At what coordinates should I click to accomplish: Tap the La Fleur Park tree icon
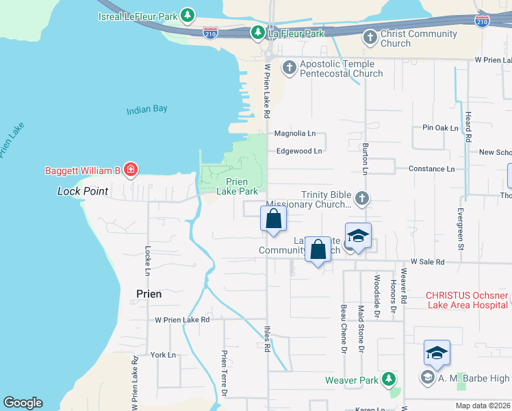tap(257, 32)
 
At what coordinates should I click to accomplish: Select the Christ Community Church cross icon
tap(370, 38)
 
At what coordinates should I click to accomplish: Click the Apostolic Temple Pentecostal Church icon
tap(289, 68)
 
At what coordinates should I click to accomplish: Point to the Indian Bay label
tap(146, 110)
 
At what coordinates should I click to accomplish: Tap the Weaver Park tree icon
tap(389, 379)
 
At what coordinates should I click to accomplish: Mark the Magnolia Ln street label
tap(294, 134)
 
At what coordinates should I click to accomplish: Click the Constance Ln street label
tap(431, 169)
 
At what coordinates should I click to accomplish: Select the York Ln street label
tap(163, 355)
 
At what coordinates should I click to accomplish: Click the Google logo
tap(23, 403)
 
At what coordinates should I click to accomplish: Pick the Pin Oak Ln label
tap(440, 128)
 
